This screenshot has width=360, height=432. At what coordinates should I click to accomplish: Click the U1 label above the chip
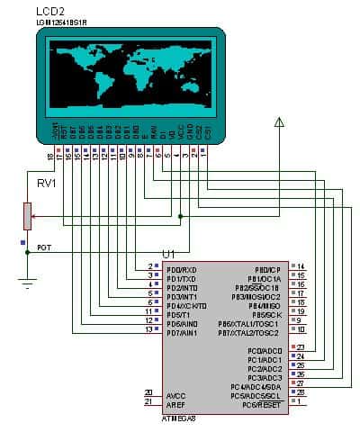pyautogui.click(x=168, y=255)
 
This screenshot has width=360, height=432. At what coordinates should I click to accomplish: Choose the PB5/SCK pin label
pyautogui.click(x=268, y=314)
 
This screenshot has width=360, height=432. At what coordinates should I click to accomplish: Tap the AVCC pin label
pyautogui.click(x=176, y=394)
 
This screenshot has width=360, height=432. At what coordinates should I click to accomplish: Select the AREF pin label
pyautogui.click(x=176, y=402)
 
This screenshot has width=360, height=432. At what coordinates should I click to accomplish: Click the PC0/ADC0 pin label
pyautogui.click(x=262, y=349)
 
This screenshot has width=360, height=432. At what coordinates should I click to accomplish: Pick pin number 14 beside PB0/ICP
pyautogui.click(x=301, y=267)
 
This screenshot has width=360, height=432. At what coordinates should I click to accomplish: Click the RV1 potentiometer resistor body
pyautogui.click(x=28, y=216)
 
